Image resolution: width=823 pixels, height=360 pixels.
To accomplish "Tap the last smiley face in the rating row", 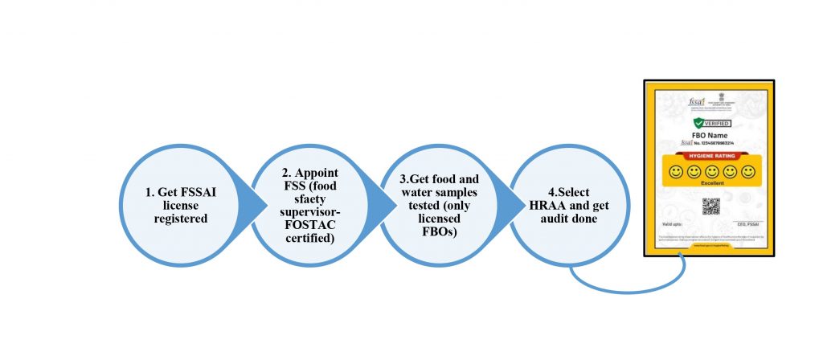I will click(x=748, y=171).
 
